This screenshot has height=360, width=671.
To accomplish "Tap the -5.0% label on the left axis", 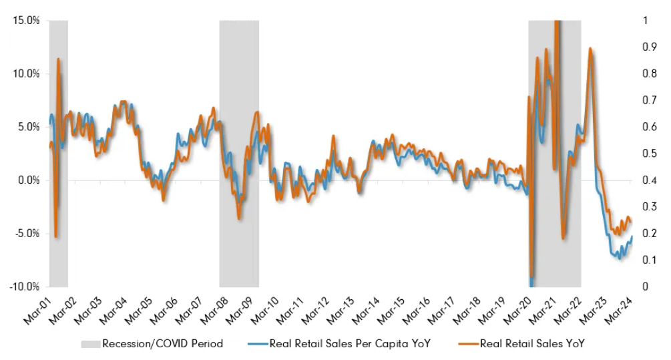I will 27,234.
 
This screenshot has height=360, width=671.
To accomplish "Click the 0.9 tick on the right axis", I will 644,47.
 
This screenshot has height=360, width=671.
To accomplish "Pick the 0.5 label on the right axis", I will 644,154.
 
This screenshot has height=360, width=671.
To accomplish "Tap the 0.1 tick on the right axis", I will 644,260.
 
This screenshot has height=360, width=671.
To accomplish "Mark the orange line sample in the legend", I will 467,344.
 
